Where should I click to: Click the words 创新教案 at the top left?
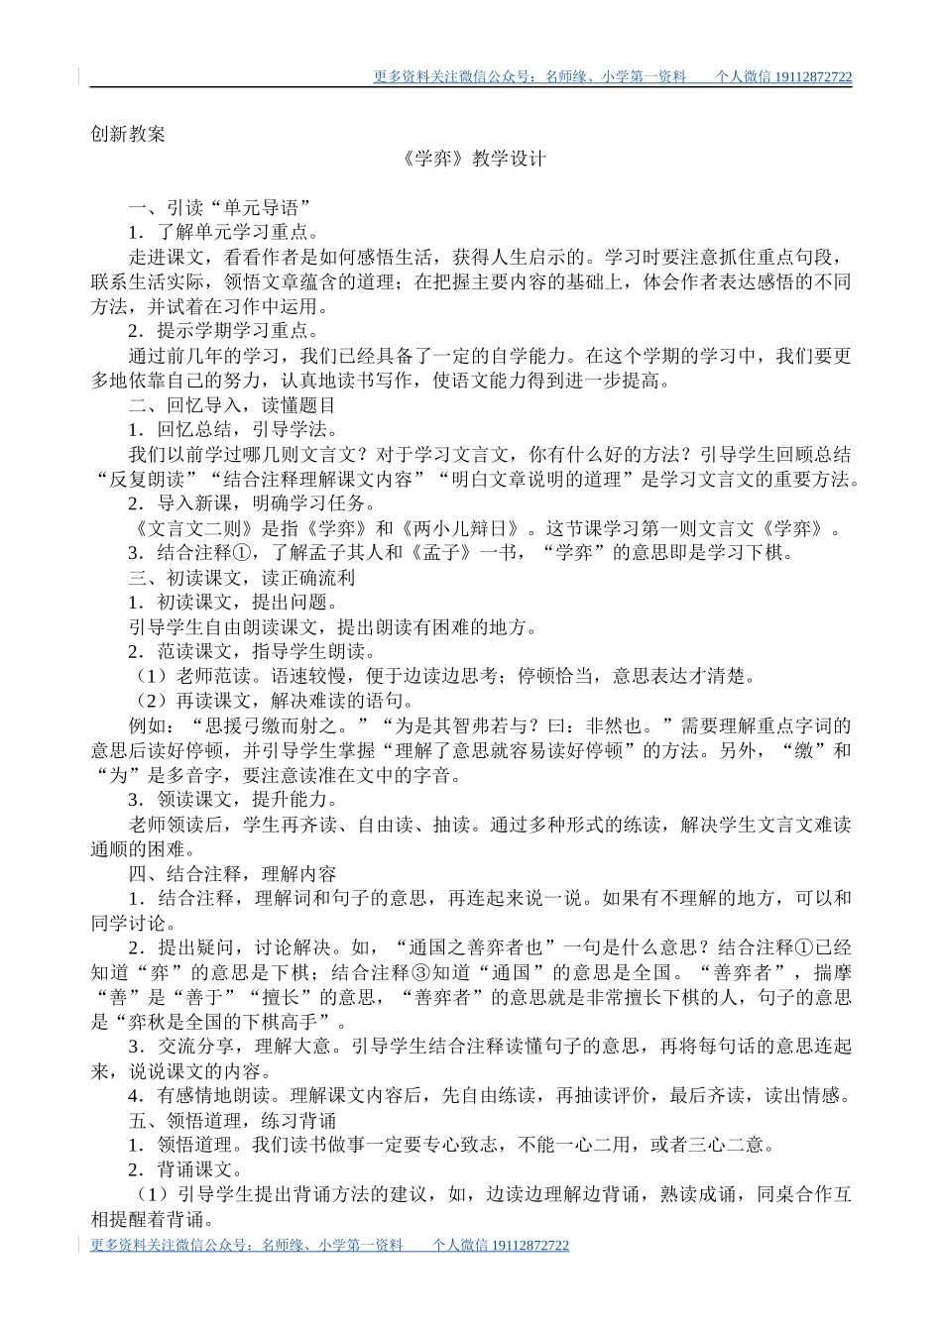(128, 135)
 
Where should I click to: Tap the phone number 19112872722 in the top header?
(812, 77)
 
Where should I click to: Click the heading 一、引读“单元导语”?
(220, 208)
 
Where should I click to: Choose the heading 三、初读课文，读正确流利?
(241, 578)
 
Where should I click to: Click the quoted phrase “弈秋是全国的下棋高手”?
(219, 1022)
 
